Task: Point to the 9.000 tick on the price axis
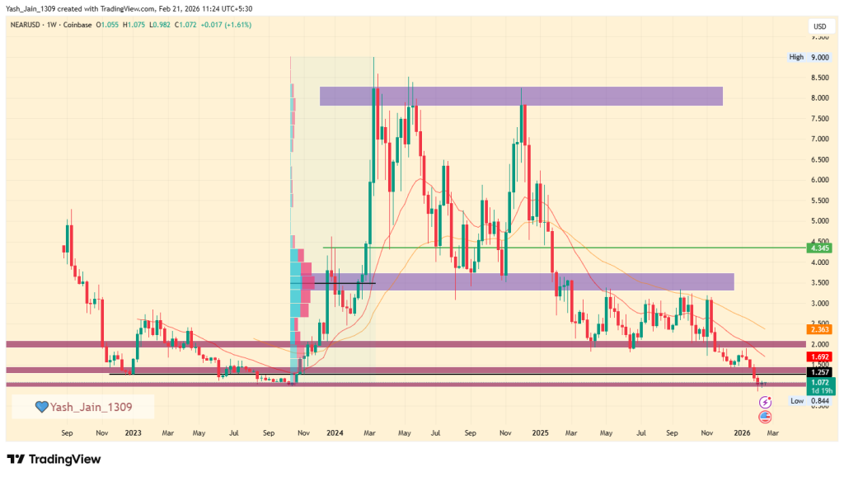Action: click(819, 58)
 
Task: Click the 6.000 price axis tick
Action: click(819, 180)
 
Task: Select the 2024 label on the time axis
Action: click(334, 432)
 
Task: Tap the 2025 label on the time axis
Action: click(540, 432)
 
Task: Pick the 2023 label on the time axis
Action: click(134, 432)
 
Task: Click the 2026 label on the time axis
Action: click(743, 432)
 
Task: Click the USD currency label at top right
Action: click(819, 26)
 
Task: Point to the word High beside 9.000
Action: click(796, 58)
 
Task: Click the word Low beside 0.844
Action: click(797, 401)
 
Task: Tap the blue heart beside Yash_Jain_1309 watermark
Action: click(40, 407)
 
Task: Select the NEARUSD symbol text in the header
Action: click(26, 25)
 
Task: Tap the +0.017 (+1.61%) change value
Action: click(224, 25)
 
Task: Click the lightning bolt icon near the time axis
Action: click(765, 402)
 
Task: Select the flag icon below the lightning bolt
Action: click(765, 417)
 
